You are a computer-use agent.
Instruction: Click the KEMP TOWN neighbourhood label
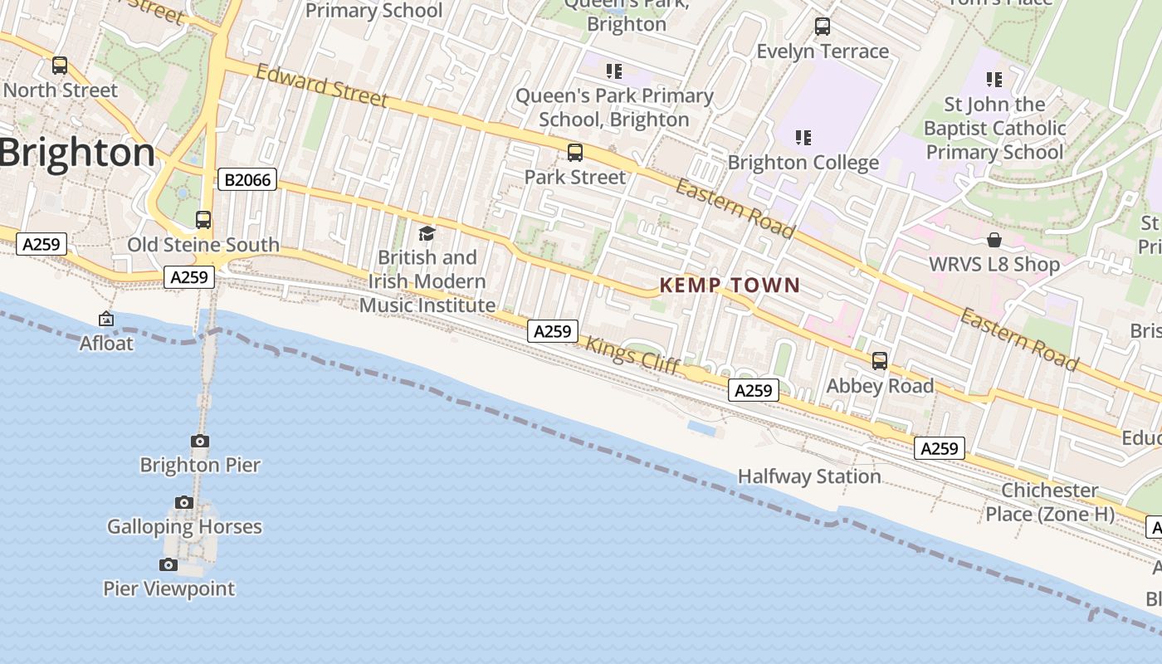[x=730, y=286]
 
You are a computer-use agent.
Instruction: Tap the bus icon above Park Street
[x=574, y=153]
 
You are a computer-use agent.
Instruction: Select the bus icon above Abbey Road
[x=879, y=361]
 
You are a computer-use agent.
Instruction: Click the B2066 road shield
[x=247, y=179]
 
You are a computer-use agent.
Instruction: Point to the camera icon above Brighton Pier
[x=200, y=441]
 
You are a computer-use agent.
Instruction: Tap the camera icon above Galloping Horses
[x=184, y=502]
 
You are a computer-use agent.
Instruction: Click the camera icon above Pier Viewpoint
[x=168, y=564]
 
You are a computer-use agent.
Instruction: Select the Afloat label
[x=106, y=343]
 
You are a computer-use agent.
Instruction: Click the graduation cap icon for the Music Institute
[x=427, y=233]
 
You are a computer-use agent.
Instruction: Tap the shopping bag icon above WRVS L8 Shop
[x=994, y=241]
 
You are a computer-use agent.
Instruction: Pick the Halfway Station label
[x=809, y=476]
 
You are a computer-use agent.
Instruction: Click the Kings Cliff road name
[x=633, y=354]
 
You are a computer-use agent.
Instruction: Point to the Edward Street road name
[x=321, y=85]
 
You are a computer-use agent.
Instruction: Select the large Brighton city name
[x=77, y=153]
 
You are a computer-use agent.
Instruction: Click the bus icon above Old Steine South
[x=203, y=220]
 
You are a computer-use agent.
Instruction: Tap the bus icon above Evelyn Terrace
[x=822, y=27]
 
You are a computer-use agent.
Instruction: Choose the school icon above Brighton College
[x=803, y=137]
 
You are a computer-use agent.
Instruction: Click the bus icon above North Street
[x=60, y=65]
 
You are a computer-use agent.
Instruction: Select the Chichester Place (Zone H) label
[x=1049, y=502]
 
